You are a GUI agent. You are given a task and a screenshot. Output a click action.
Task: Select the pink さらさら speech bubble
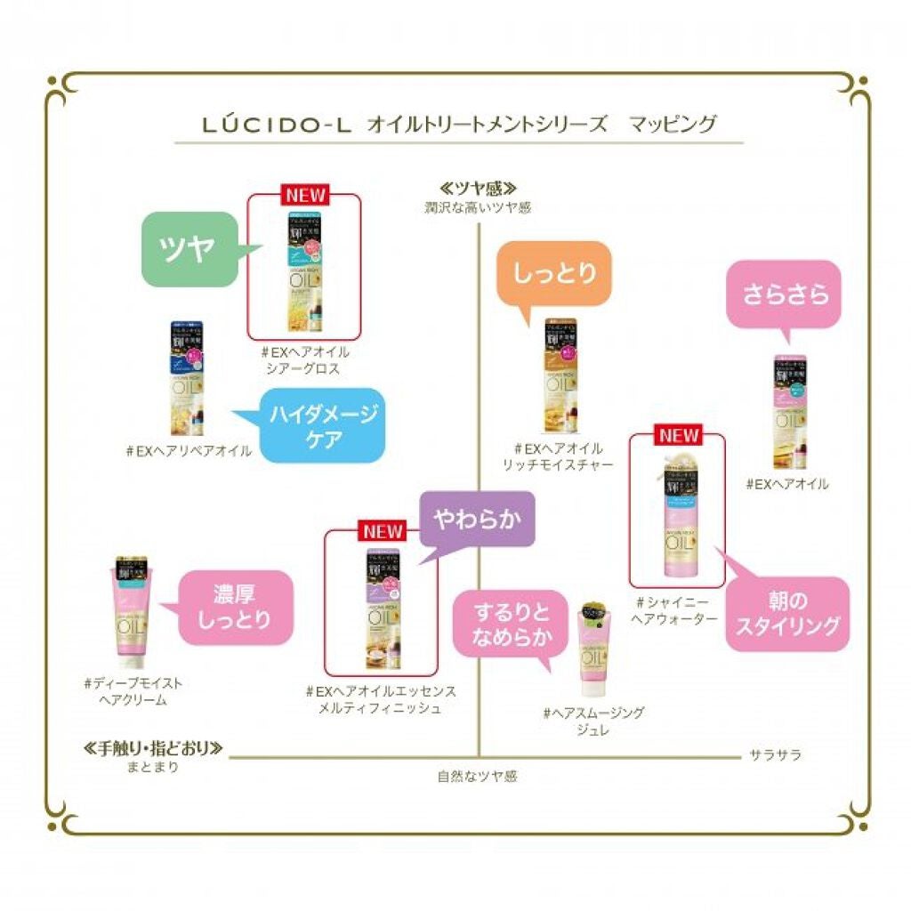[787, 293]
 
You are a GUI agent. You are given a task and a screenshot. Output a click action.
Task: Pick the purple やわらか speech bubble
[476, 518]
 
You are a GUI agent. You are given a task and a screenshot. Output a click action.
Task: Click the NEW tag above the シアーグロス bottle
[304, 193]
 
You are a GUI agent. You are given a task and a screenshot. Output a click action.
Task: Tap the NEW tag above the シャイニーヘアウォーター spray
[678, 435]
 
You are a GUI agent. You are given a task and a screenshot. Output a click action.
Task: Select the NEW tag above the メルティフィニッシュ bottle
[382, 530]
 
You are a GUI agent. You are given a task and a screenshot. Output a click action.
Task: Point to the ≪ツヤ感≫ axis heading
[478, 189]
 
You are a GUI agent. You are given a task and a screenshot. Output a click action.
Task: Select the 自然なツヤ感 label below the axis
[477, 776]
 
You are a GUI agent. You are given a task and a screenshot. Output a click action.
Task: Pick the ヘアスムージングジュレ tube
[590, 651]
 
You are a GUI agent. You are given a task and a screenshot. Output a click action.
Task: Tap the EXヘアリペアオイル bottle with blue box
[186, 378]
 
